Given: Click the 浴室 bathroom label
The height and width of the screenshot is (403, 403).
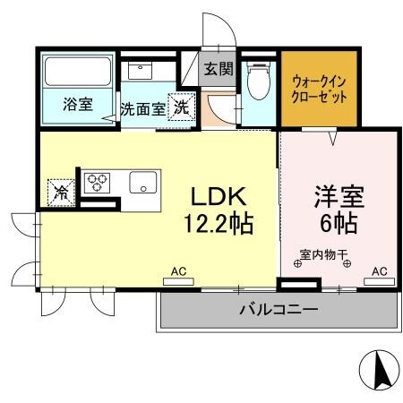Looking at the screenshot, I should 77,105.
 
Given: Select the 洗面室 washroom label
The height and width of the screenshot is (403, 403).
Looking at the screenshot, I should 142,108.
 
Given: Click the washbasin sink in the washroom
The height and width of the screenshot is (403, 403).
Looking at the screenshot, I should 140,71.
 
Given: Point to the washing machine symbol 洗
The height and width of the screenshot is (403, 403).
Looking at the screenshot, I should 181,106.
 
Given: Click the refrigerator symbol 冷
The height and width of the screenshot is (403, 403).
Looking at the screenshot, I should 61,191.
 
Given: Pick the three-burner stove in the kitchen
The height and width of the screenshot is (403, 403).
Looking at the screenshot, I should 97,183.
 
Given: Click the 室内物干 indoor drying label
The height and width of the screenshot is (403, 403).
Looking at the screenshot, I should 323,253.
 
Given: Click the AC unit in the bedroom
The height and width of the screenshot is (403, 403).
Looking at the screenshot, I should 379,279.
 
